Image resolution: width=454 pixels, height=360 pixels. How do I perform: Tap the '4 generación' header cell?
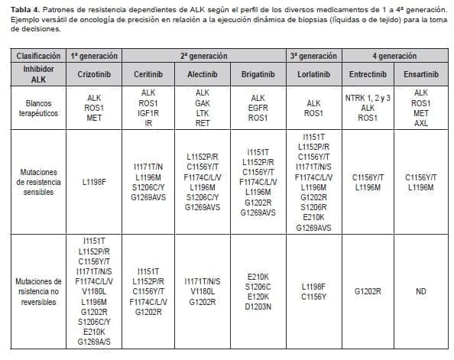pos(394,57)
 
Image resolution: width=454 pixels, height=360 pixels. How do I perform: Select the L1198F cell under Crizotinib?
pos(96,183)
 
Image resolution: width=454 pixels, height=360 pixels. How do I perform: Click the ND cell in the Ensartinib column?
pos(421,291)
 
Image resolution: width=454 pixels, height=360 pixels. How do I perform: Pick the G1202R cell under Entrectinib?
pos(367,291)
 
